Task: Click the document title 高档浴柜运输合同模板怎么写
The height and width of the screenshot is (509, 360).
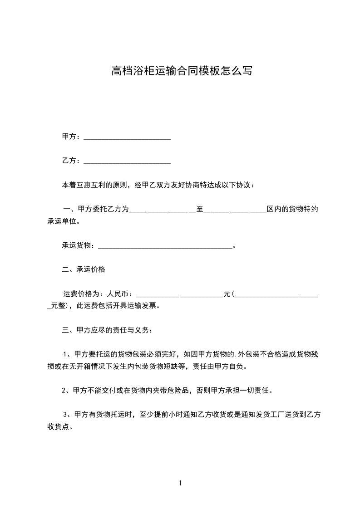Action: point(182,71)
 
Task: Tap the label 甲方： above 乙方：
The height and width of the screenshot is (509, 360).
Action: point(71,137)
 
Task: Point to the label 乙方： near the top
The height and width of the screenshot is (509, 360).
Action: point(71,161)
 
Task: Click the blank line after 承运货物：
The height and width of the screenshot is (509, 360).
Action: point(165,246)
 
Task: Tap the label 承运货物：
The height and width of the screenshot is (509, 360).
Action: point(79,245)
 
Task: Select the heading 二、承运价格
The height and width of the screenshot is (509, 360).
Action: point(84,269)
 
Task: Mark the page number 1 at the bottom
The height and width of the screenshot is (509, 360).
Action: point(180,484)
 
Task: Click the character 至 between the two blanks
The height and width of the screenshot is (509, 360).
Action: point(199,209)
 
